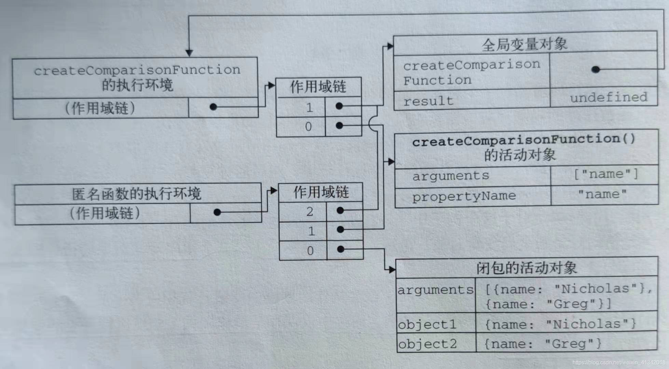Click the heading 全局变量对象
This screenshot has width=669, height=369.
[x=524, y=44]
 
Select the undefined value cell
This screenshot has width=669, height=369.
[x=609, y=98]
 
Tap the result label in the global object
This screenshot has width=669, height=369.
[x=428, y=101]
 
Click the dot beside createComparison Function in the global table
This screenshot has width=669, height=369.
[x=596, y=70]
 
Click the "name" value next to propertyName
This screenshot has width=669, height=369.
[x=602, y=194]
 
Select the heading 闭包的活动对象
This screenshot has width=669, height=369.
[x=527, y=268]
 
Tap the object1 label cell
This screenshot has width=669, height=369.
[x=427, y=324]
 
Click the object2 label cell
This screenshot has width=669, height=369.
[x=427, y=344]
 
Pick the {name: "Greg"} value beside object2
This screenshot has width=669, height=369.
[x=543, y=343]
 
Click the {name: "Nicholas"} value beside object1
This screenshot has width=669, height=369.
[x=560, y=324]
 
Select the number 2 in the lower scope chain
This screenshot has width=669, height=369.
[x=310, y=212]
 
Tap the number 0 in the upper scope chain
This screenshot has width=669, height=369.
[x=308, y=127]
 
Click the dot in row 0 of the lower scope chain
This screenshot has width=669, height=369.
[x=340, y=249]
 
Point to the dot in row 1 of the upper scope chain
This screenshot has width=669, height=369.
[x=339, y=106]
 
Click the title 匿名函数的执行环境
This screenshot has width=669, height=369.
[x=137, y=194]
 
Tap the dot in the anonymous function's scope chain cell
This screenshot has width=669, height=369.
[x=217, y=213]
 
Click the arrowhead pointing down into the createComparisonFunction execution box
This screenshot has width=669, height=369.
[x=189, y=53]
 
